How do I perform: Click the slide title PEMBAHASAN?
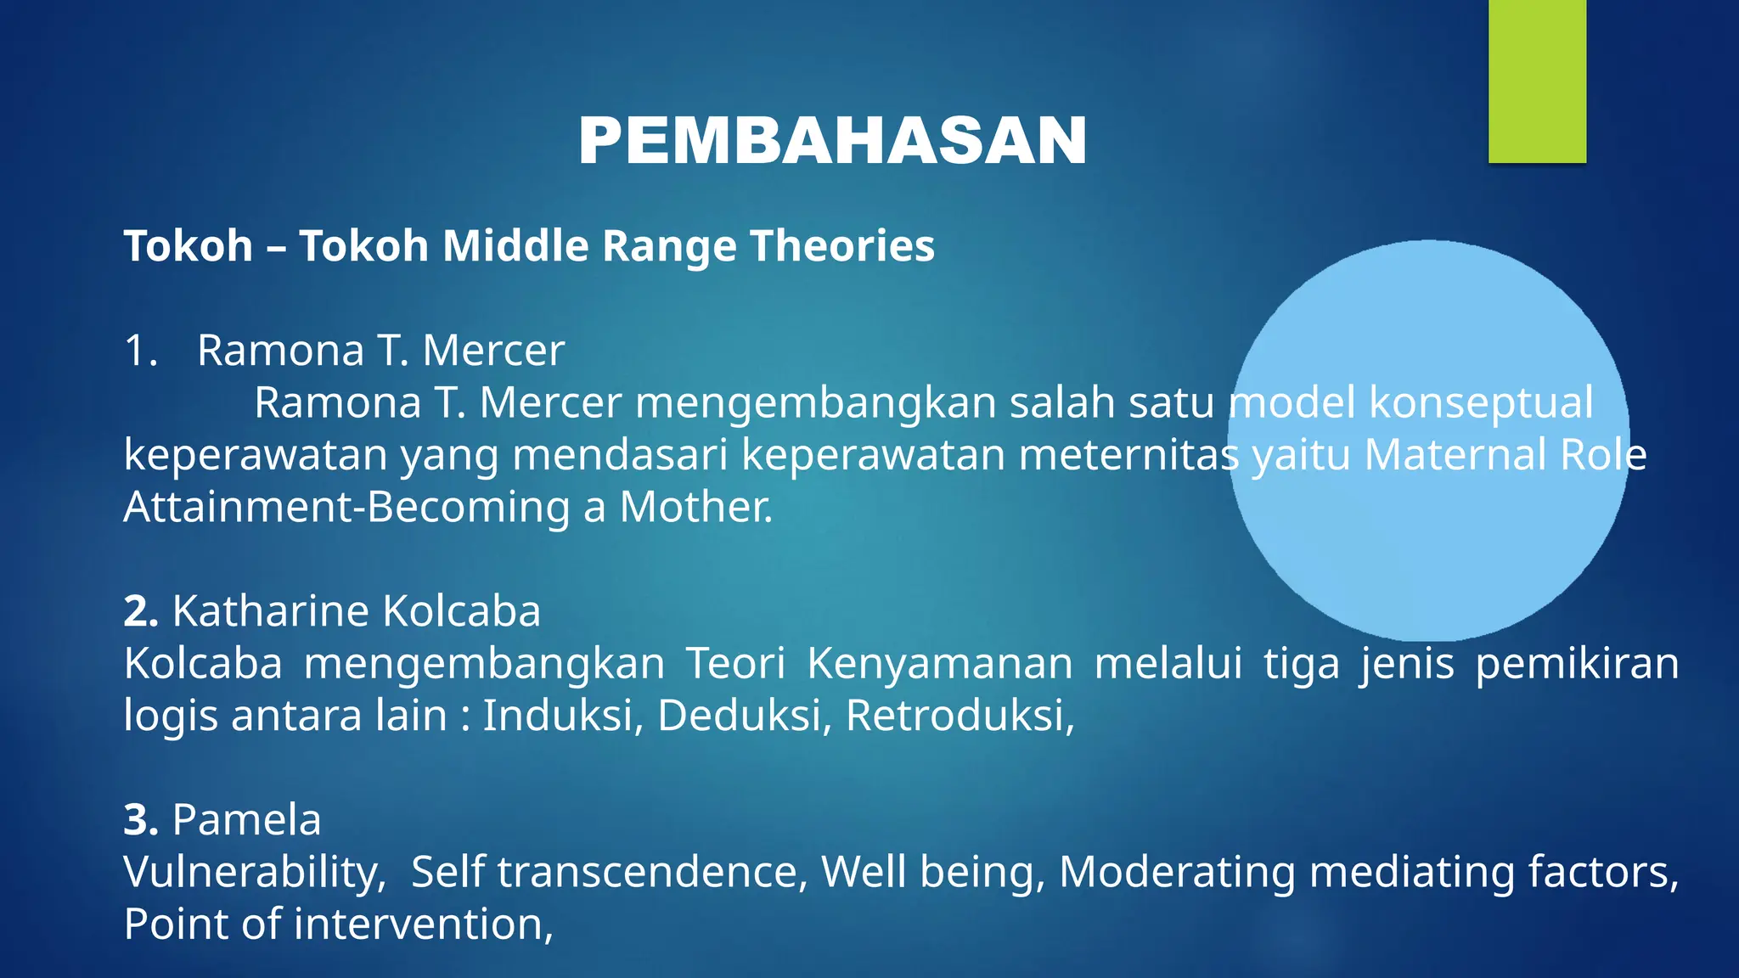tap(832, 141)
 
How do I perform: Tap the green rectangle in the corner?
tap(1537, 81)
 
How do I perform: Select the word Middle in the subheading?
tap(515, 246)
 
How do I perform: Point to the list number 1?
tap(140, 351)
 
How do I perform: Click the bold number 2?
tap(140, 611)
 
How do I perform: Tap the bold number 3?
tap(140, 820)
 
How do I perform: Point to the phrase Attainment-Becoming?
tap(346, 508)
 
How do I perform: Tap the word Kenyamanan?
tap(939, 664)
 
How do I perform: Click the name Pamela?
tap(246, 820)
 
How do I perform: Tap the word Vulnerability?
tap(254, 873)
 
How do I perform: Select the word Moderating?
tap(1177, 873)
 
